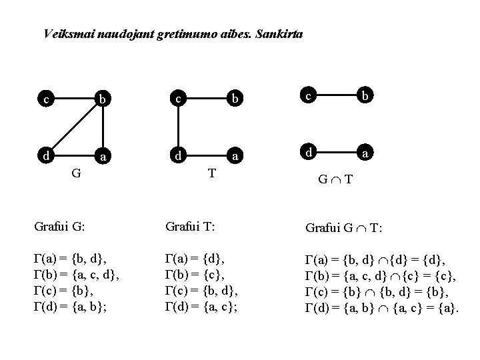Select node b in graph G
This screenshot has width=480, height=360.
click(x=102, y=100)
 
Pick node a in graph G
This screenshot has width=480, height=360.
click(x=102, y=157)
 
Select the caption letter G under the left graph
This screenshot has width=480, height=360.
click(x=77, y=174)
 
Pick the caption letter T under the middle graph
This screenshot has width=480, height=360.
click(x=211, y=173)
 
